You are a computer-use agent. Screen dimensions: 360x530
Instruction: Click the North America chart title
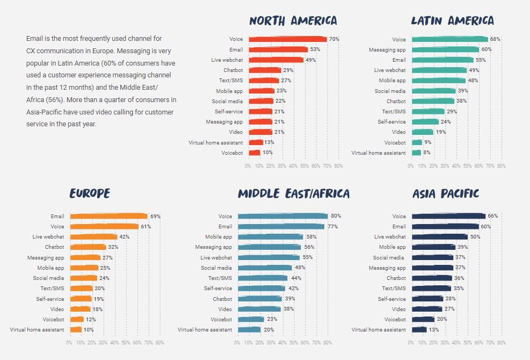(x=293, y=21)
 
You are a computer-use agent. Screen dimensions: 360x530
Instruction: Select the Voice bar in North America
(x=287, y=39)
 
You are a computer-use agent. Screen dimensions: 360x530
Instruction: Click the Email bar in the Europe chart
(x=108, y=217)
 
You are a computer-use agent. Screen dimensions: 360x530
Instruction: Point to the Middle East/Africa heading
(x=293, y=193)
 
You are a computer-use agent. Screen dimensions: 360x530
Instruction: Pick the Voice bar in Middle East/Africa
(x=282, y=216)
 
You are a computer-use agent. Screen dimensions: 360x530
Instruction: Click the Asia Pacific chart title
(x=446, y=193)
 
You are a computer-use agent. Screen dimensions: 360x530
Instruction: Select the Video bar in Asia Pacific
(x=427, y=309)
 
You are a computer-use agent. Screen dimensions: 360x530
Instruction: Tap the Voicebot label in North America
(x=232, y=153)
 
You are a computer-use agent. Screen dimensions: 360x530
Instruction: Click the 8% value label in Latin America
(x=427, y=153)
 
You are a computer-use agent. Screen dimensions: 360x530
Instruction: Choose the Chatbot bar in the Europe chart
(x=88, y=247)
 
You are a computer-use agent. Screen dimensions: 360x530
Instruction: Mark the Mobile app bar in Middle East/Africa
(x=270, y=237)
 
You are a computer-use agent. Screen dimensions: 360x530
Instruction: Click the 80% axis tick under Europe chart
(x=160, y=342)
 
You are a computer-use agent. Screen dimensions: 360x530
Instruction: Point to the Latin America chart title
(x=452, y=21)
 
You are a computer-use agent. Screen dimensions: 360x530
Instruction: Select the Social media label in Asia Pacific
(x=389, y=258)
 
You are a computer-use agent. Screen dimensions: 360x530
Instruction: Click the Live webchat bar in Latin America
(x=439, y=70)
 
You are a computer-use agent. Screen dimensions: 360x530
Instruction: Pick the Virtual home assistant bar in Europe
(x=76, y=329)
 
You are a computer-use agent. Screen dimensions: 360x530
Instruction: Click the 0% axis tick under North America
(x=248, y=166)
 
